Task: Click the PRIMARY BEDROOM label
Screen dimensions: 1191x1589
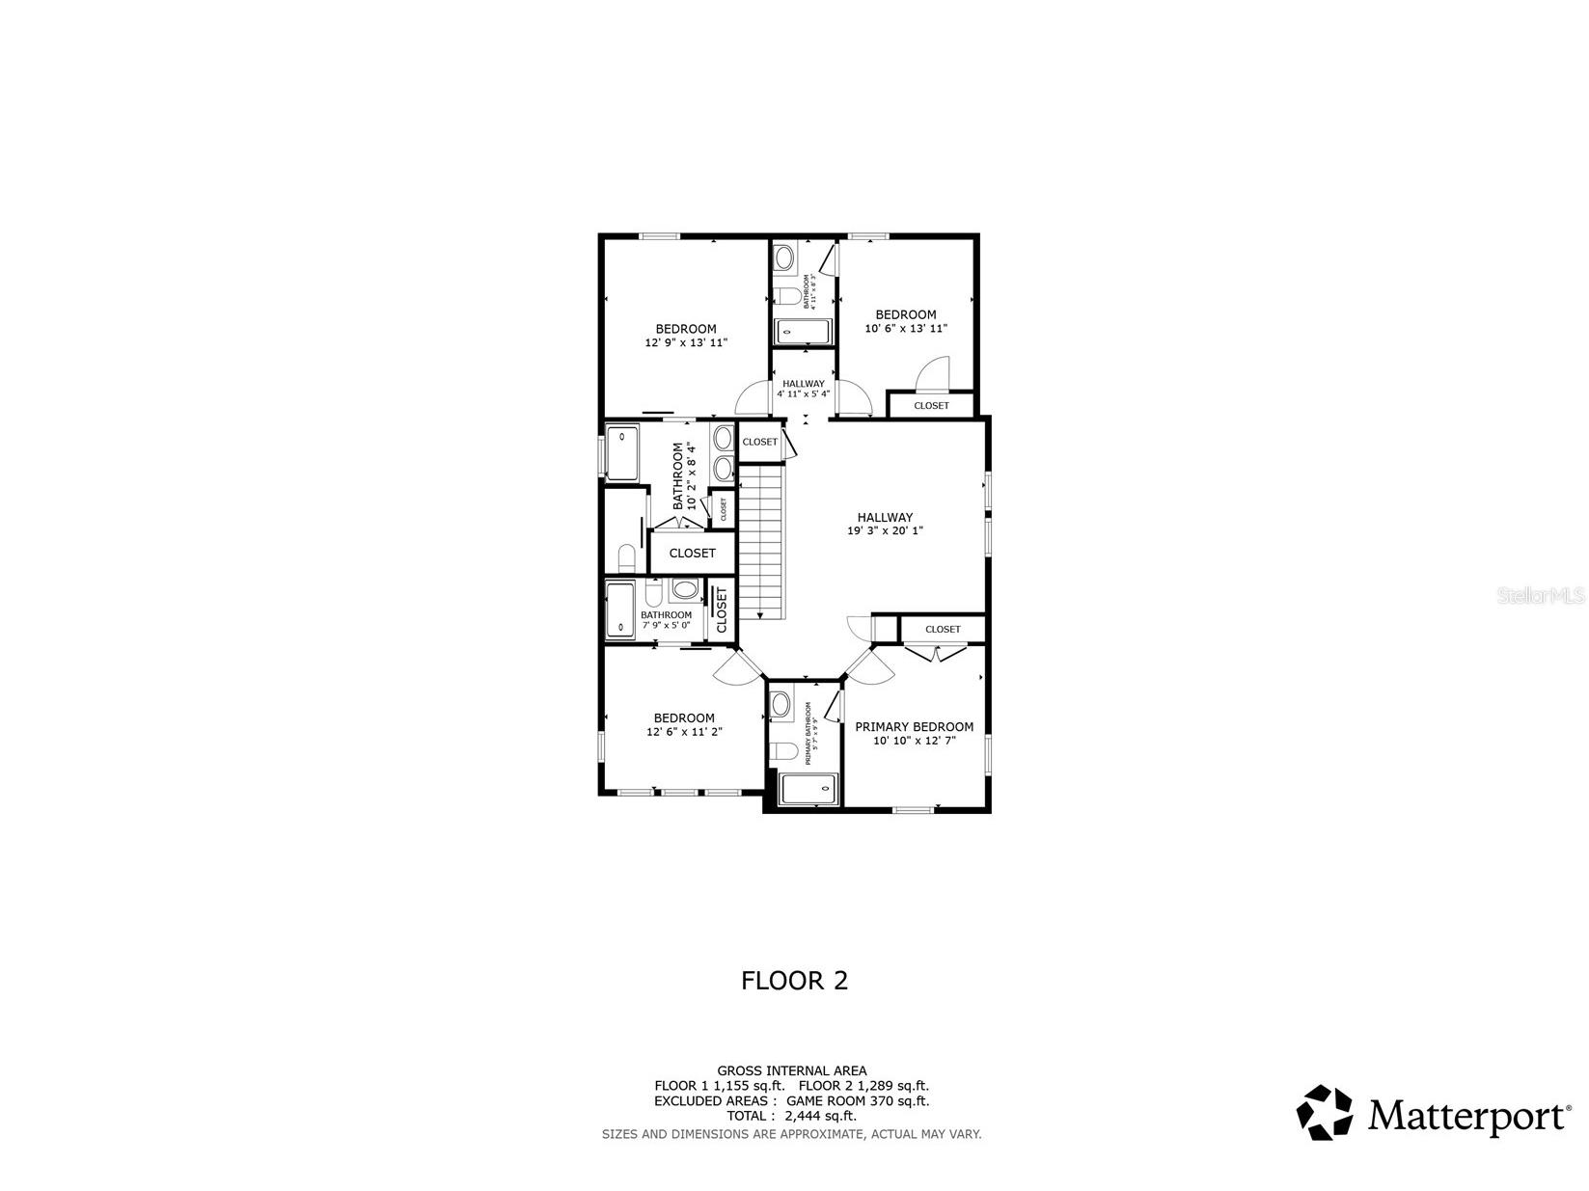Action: pyautogui.click(x=914, y=727)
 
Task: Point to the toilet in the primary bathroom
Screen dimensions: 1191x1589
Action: pyautogui.click(x=784, y=751)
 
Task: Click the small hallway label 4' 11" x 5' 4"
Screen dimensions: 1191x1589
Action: pyautogui.click(x=803, y=389)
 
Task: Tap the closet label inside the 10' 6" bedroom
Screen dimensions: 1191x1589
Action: pyautogui.click(x=931, y=406)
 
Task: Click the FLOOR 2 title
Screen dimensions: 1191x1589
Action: pyautogui.click(x=794, y=981)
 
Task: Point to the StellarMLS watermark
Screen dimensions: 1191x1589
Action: pyautogui.click(x=1541, y=596)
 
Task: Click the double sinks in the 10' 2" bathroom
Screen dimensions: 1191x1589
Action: pyautogui.click(x=724, y=454)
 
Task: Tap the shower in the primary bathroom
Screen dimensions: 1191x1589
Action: pyautogui.click(x=808, y=789)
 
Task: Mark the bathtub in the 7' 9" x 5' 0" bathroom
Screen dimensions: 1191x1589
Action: pyautogui.click(x=620, y=609)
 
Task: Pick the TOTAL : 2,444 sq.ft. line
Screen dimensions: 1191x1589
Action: pyautogui.click(x=791, y=1116)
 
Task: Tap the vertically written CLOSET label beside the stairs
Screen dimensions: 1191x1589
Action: pyautogui.click(x=721, y=609)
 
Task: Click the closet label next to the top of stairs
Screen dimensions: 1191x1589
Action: pyautogui.click(x=759, y=442)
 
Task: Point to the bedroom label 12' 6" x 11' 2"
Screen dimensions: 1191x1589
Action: pyautogui.click(x=684, y=732)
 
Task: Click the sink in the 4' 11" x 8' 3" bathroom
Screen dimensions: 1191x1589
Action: pyautogui.click(x=785, y=257)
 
